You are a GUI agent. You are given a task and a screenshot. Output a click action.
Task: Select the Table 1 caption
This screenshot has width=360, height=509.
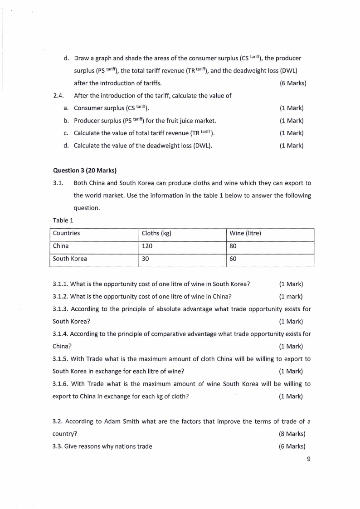(63, 220)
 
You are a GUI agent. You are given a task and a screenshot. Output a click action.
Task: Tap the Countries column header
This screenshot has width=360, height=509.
(66, 233)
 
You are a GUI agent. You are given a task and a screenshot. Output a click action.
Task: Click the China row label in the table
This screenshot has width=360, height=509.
(61, 246)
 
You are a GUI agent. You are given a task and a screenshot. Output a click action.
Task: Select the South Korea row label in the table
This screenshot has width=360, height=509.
(70, 259)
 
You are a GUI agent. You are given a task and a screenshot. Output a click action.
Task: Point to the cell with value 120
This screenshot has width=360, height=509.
(147, 246)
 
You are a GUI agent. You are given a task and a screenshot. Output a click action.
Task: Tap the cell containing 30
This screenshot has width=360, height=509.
(146, 259)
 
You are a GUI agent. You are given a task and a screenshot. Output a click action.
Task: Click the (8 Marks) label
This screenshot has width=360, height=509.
(292, 434)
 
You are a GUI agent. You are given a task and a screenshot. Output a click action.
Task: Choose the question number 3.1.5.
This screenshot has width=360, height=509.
(61, 359)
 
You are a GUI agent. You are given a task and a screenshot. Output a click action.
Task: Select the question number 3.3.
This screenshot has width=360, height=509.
(58, 446)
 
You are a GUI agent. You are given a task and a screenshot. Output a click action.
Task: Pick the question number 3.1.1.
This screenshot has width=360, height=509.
(61, 284)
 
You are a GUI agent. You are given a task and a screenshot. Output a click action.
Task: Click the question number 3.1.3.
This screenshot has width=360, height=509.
(61, 309)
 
